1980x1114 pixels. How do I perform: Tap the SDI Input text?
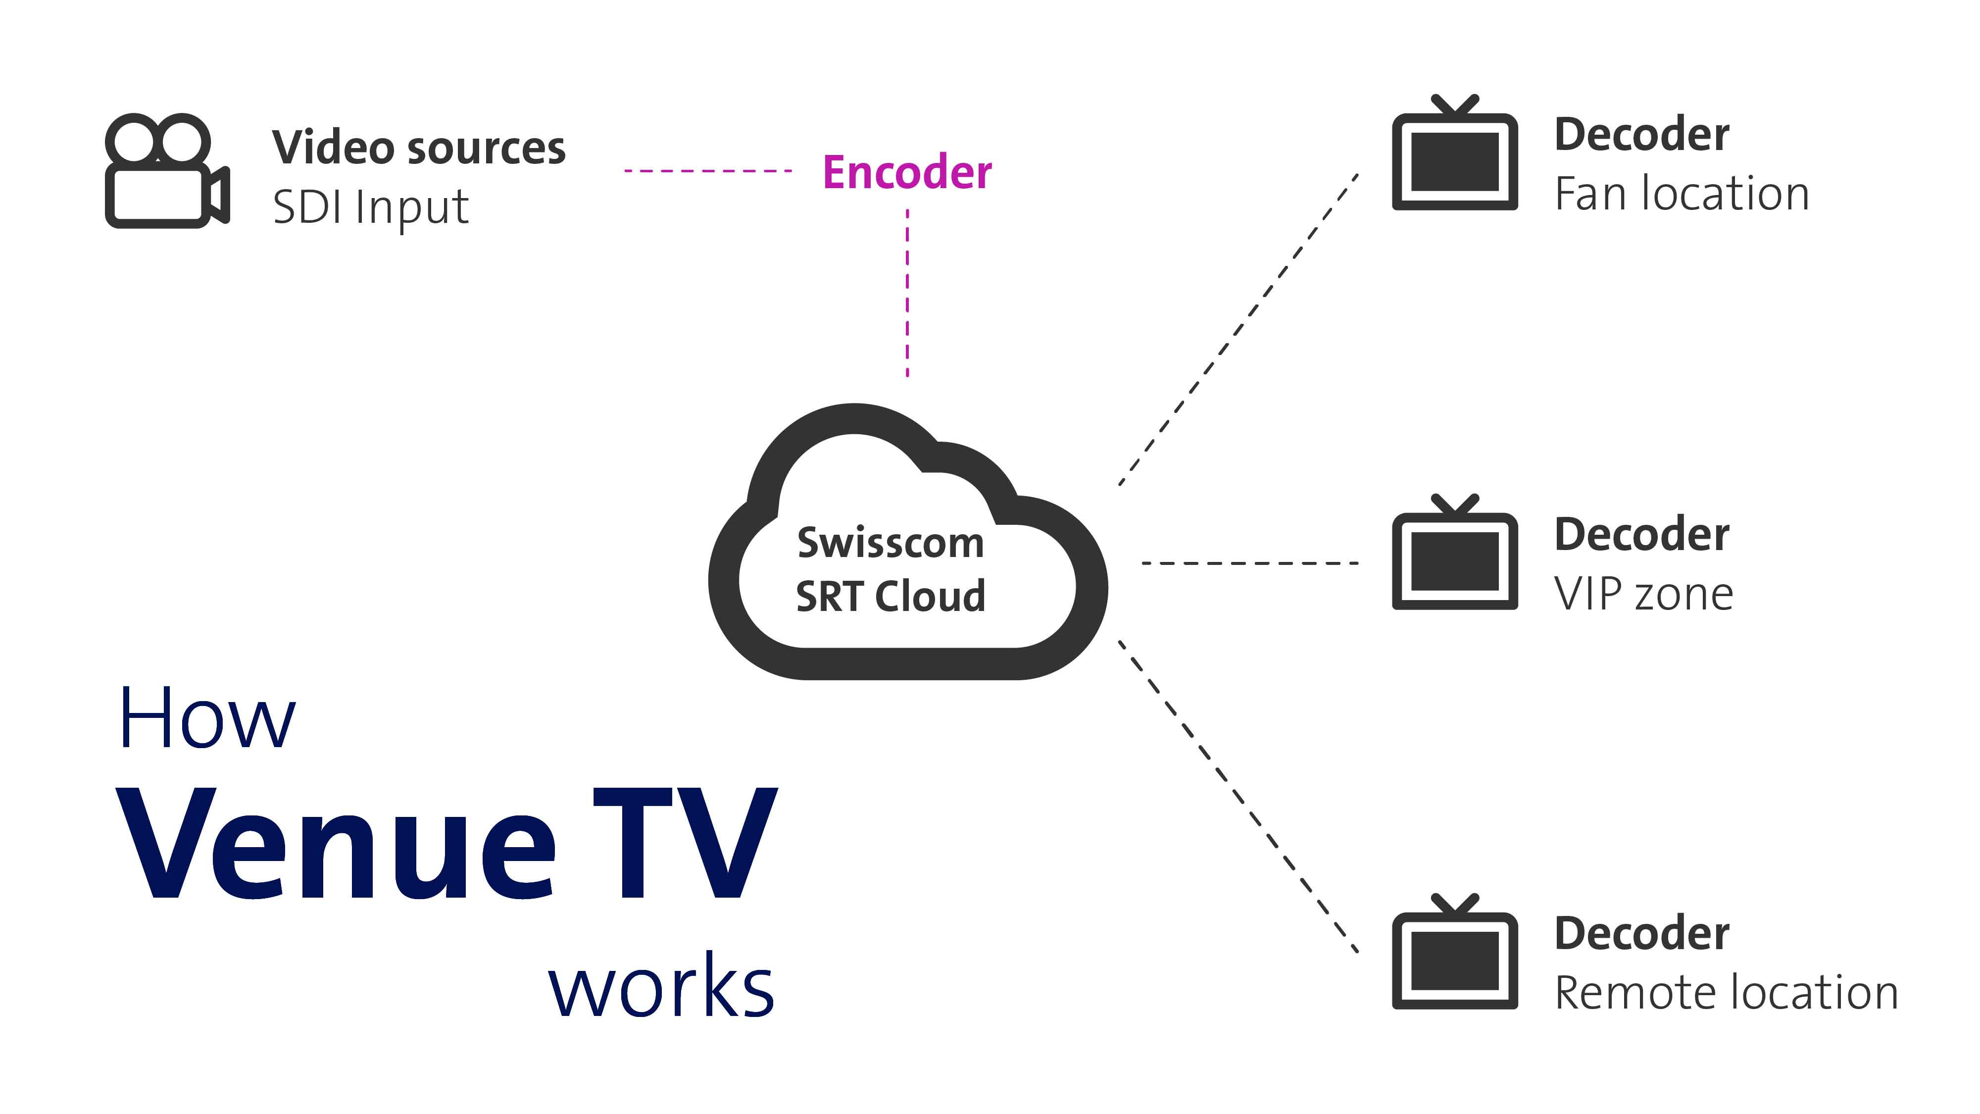(370, 207)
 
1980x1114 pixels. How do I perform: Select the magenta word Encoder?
(907, 172)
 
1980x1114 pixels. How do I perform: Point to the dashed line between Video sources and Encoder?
(707, 171)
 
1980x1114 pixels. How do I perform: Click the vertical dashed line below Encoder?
(908, 292)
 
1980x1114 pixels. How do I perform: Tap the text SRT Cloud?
(890, 597)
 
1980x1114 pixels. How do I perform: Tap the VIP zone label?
(1643, 594)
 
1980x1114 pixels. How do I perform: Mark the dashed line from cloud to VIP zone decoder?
(1250, 563)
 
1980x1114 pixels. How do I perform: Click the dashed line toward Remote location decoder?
(1237, 796)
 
